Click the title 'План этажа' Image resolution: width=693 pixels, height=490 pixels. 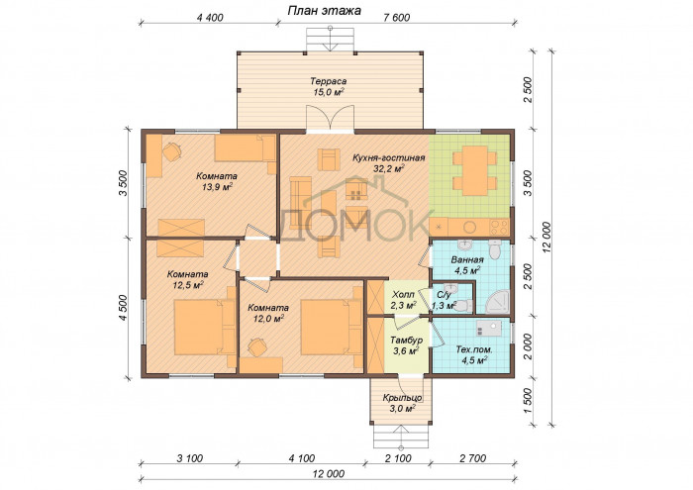324,10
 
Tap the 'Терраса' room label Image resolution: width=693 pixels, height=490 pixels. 328,81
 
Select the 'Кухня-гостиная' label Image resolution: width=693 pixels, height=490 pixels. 388,157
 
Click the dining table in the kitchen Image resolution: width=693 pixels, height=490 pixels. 475,170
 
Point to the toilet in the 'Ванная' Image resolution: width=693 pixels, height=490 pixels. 495,249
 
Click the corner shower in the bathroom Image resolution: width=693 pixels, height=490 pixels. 498,302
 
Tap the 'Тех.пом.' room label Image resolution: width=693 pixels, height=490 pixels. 474,349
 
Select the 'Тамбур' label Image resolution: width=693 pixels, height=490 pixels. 406,341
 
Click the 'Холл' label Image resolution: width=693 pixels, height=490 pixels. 403,294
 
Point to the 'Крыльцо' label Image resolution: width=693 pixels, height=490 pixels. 402,398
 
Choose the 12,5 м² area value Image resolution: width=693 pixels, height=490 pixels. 187,285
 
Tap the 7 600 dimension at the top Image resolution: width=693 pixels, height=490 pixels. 396,18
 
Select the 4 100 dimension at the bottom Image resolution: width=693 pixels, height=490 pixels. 302,458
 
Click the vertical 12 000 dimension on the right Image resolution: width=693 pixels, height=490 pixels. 547,238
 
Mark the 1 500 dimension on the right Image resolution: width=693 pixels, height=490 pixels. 528,401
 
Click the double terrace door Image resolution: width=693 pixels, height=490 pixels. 330,119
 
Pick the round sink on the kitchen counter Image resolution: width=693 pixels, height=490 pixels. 469,227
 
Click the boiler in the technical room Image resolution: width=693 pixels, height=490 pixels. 489,329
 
